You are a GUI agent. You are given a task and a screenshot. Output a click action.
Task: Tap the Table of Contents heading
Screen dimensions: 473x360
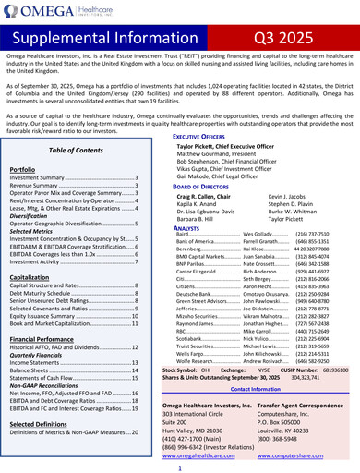tap(75, 149)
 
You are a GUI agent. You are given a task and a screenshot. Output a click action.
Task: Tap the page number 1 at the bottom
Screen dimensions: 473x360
tap(180, 467)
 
